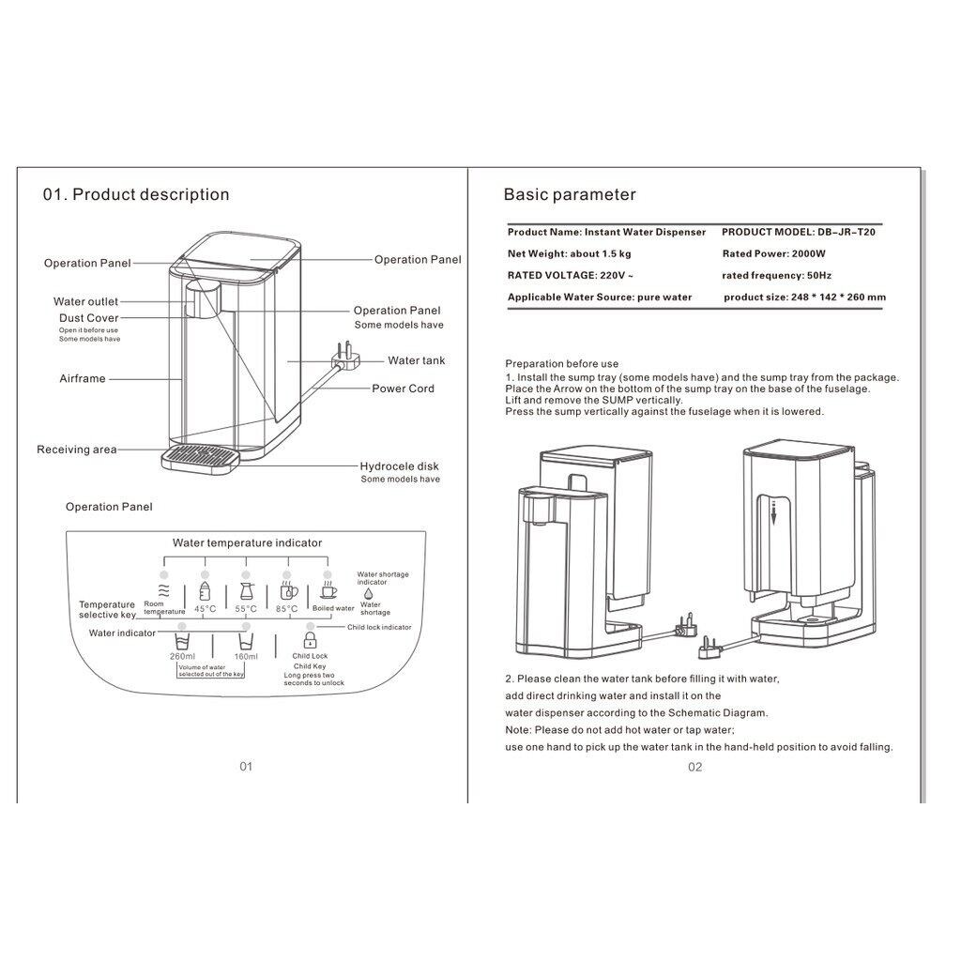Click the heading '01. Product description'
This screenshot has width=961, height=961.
(x=136, y=195)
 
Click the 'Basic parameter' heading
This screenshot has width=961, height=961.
(x=570, y=195)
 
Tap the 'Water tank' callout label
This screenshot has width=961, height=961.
(x=417, y=360)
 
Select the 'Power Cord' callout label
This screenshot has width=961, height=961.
(x=404, y=389)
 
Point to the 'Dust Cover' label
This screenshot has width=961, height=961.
(x=88, y=318)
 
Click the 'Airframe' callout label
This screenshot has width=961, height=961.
(x=82, y=379)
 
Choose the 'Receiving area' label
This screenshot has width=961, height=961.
(x=77, y=450)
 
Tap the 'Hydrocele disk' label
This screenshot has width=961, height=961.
(x=399, y=466)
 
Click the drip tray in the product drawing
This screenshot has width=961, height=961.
(x=201, y=458)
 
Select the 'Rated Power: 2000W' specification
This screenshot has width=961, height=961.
(x=773, y=253)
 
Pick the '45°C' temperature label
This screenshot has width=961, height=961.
(x=206, y=609)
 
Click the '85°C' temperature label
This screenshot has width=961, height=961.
(x=286, y=609)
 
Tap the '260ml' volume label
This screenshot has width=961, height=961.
(x=182, y=656)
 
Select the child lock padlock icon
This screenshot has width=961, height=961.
(x=309, y=641)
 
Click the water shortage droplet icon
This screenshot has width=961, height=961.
(x=368, y=593)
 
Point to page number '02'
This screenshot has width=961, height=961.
(x=694, y=767)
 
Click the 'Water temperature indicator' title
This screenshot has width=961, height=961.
(x=247, y=542)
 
